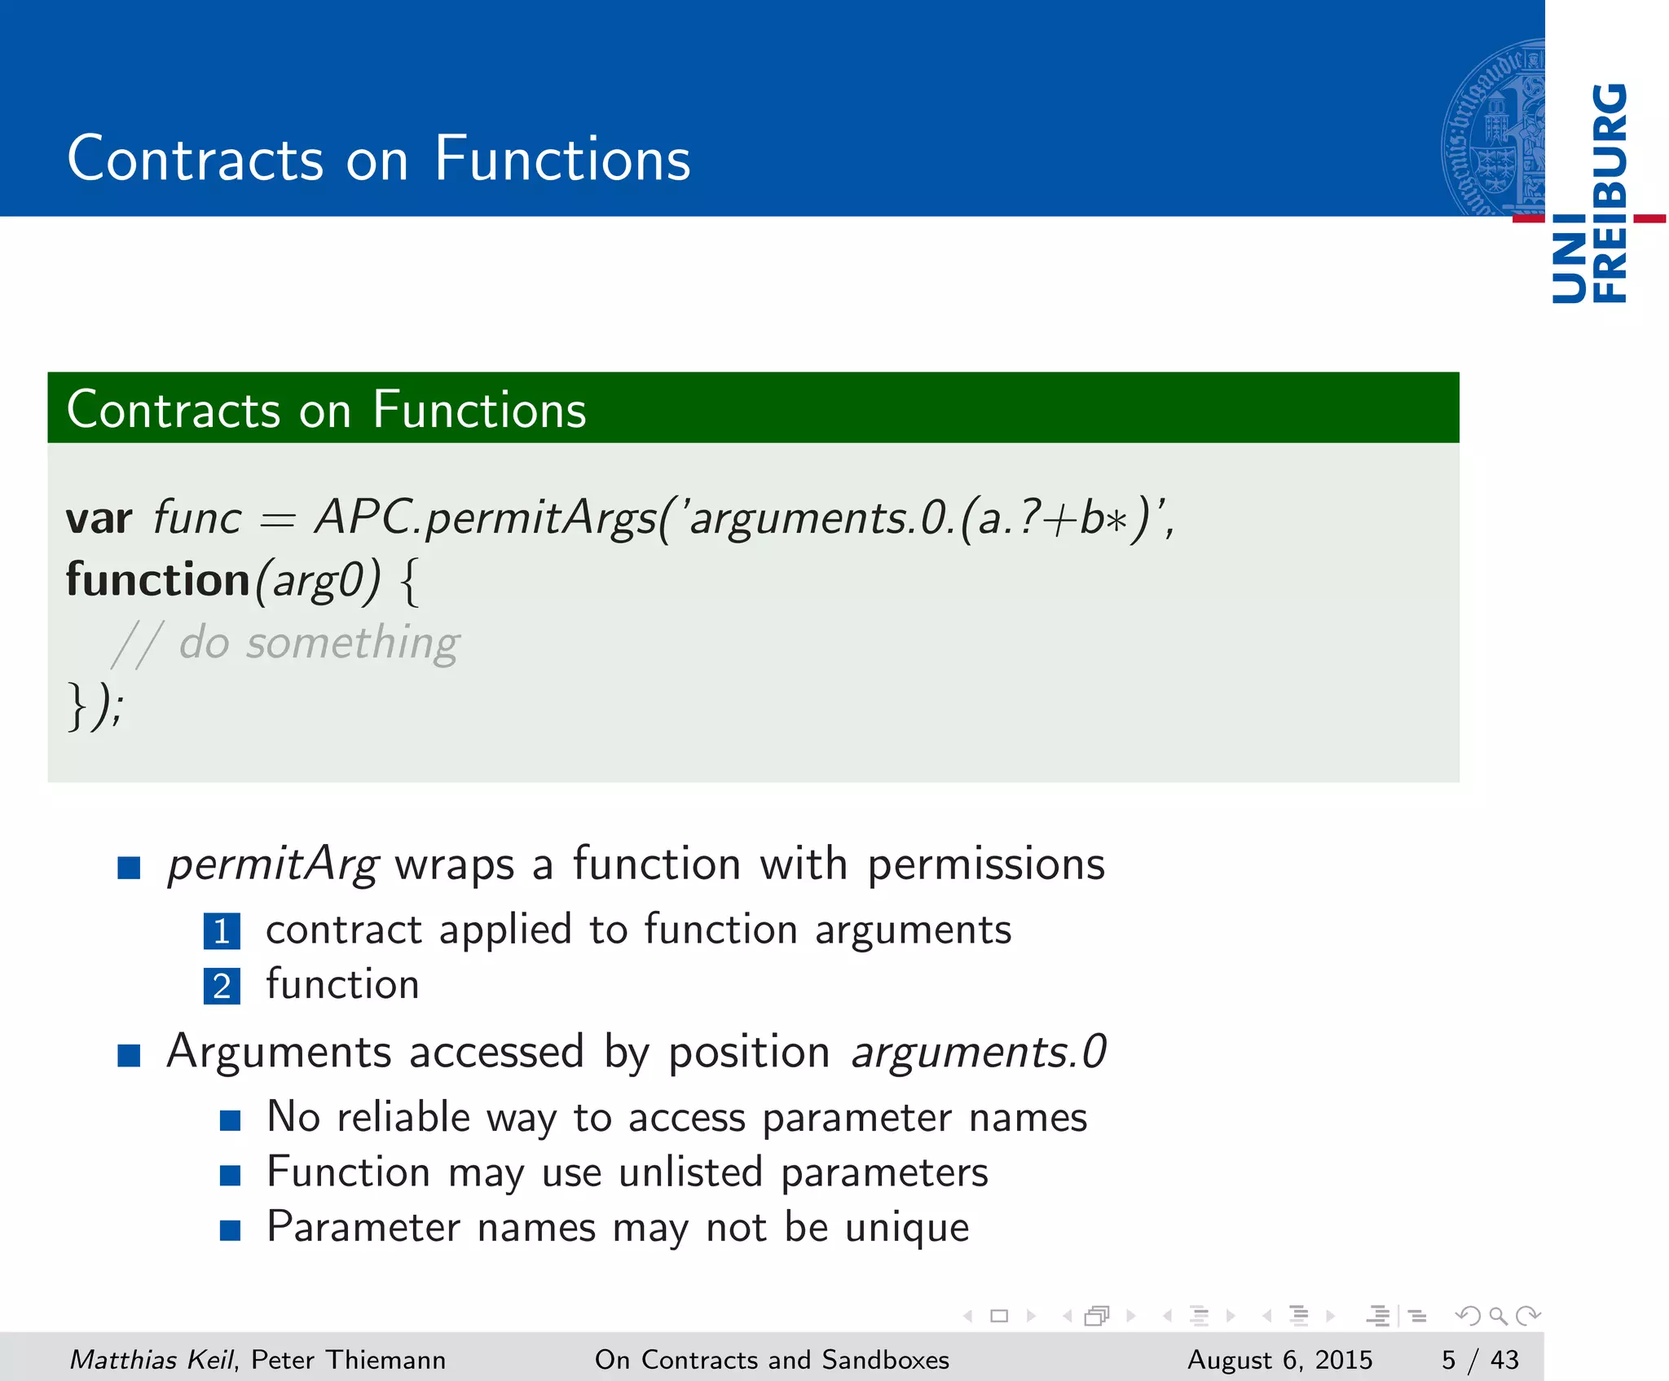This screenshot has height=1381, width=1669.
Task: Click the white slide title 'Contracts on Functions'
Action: (379, 158)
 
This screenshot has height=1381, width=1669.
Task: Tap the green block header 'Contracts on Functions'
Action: (326, 409)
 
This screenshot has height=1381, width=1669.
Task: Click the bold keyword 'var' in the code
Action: (99, 518)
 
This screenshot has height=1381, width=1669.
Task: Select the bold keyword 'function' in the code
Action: (157, 580)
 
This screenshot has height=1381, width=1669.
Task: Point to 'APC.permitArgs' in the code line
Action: (485, 518)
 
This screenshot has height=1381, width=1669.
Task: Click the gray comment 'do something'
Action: (319, 643)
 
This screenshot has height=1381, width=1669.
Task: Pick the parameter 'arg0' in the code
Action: (317, 582)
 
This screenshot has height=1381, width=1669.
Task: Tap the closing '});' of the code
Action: (95, 706)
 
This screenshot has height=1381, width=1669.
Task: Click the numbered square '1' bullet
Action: (222, 931)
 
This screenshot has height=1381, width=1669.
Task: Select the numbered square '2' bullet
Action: (222, 986)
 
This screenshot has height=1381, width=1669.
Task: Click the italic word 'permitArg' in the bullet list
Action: (273, 865)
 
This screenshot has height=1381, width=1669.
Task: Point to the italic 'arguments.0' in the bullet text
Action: (979, 1051)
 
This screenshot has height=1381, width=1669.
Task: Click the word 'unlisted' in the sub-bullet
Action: (690, 1172)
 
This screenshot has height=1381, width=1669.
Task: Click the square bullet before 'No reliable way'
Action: (230, 1121)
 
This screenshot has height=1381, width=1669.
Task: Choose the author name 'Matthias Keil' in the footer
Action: (151, 1359)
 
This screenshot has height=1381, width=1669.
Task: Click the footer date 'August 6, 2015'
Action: (1279, 1359)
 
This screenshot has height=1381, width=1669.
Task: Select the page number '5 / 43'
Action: (1479, 1359)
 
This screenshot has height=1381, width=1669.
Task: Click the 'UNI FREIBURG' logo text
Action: (1589, 194)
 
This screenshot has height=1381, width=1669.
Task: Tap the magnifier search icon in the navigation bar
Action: (1498, 1315)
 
